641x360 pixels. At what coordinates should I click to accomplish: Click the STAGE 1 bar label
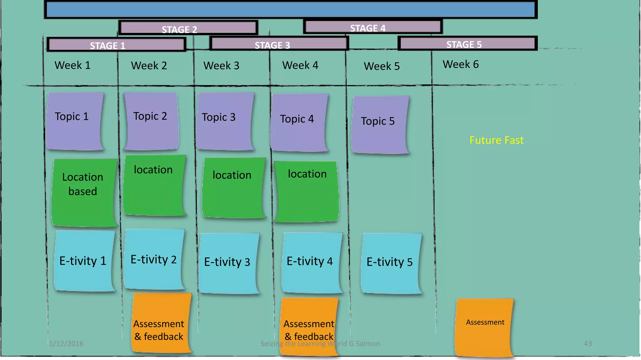[108, 45]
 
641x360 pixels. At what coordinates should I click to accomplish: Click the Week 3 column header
[221, 66]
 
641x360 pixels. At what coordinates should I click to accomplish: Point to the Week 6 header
[460, 64]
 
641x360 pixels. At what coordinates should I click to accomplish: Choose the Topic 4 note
[299, 122]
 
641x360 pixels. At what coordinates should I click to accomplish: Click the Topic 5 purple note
[379, 124]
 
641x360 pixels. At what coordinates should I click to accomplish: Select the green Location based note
[83, 192]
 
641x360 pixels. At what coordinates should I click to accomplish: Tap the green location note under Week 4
[306, 191]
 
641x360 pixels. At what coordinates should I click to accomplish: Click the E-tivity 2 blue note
[154, 259]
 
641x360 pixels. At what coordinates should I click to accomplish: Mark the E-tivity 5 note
[390, 262]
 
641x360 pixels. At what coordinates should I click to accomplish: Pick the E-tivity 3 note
[228, 262]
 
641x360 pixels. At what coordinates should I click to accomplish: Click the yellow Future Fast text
[496, 140]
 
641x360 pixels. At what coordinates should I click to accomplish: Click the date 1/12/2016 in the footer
[66, 344]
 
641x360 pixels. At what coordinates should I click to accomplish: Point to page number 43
[587, 344]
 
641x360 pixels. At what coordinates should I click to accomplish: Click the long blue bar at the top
[290, 10]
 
